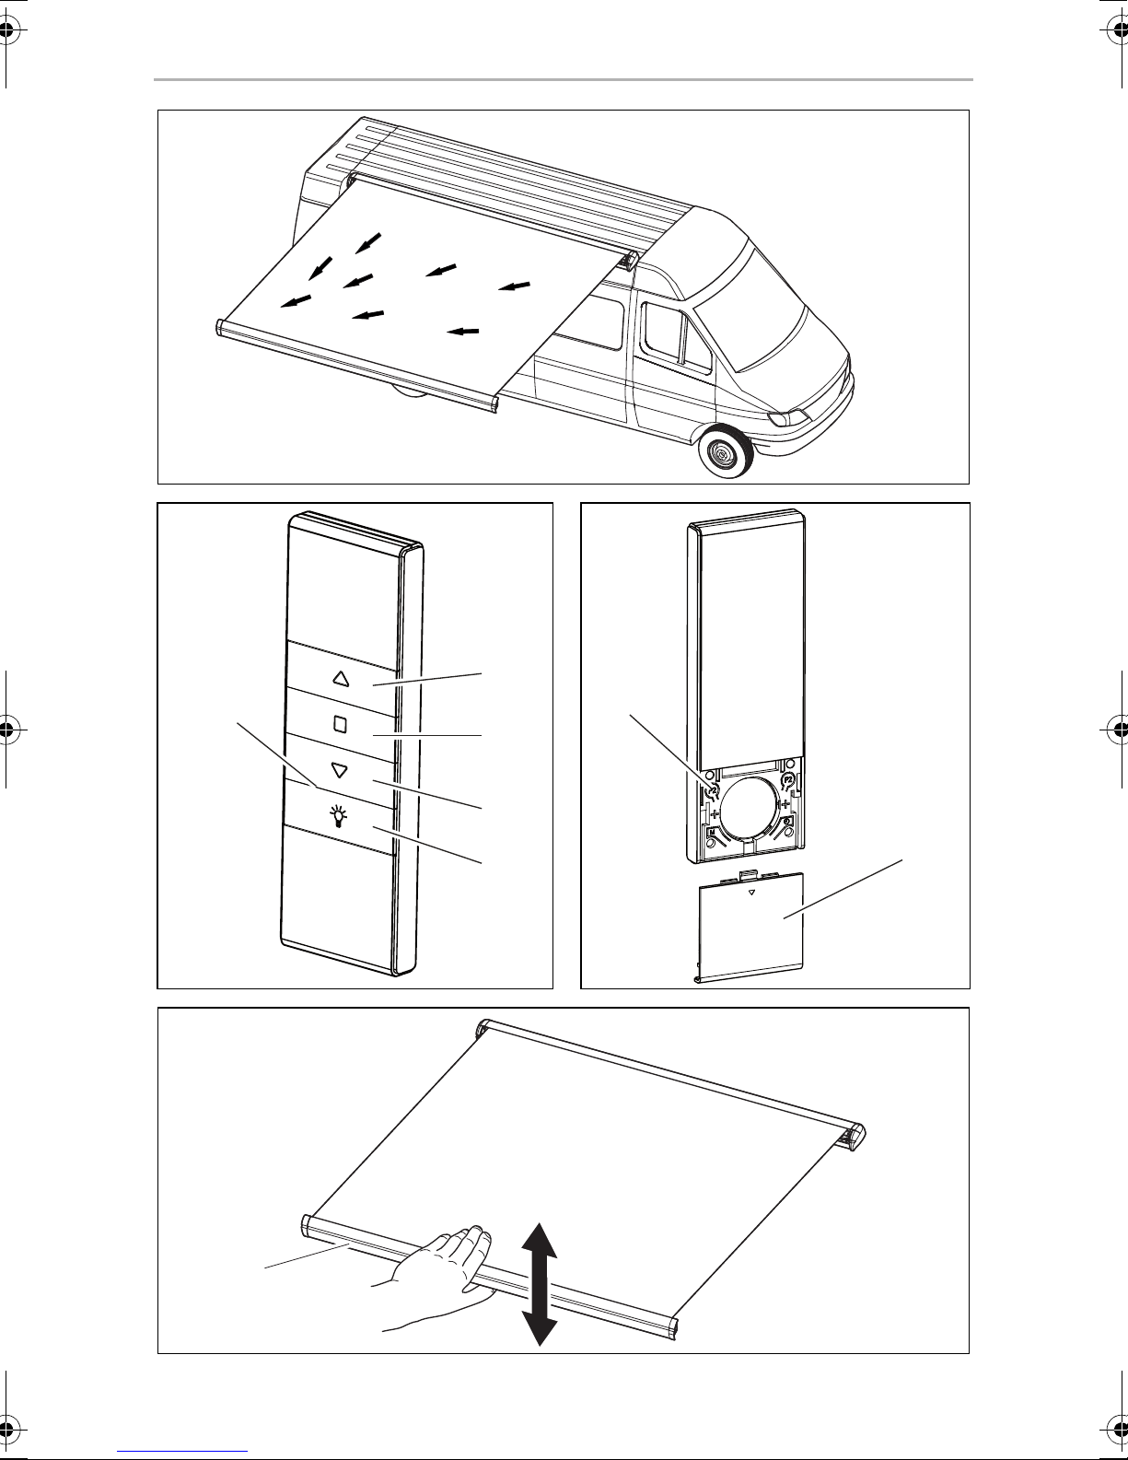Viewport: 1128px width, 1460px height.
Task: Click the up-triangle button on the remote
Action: click(341, 679)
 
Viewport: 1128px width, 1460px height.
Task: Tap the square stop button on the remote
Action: click(340, 723)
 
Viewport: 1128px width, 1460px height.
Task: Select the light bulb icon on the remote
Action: click(340, 815)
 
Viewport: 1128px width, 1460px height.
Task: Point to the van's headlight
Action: click(789, 418)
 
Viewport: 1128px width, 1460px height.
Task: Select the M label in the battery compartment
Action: click(713, 835)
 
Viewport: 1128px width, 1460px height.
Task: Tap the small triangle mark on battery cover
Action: click(752, 893)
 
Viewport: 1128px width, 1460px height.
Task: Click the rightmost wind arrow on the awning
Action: click(516, 286)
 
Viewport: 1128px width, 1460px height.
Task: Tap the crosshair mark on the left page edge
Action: click(9, 729)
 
